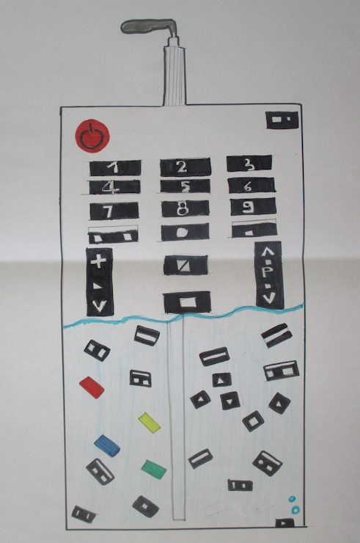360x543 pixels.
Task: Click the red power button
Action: [92, 136]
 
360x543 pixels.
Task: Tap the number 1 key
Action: [115, 168]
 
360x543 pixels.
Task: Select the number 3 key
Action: [249, 164]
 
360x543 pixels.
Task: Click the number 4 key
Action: [115, 187]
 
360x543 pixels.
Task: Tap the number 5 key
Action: [185, 186]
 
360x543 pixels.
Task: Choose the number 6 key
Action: [251, 186]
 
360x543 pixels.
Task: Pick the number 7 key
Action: [114, 211]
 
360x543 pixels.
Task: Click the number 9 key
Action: [253, 207]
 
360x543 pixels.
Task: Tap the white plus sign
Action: [98, 260]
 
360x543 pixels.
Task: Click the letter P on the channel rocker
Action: [265, 272]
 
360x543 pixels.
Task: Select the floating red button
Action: [92, 387]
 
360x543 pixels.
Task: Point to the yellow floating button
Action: [149, 422]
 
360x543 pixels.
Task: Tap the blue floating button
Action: [107, 445]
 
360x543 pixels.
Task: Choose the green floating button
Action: [154, 469]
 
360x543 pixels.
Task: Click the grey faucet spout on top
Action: [150, 26]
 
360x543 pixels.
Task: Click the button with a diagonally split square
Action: [185, 266]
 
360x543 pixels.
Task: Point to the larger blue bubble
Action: [295, 510]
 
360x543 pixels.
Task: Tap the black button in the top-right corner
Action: [282, 120]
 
